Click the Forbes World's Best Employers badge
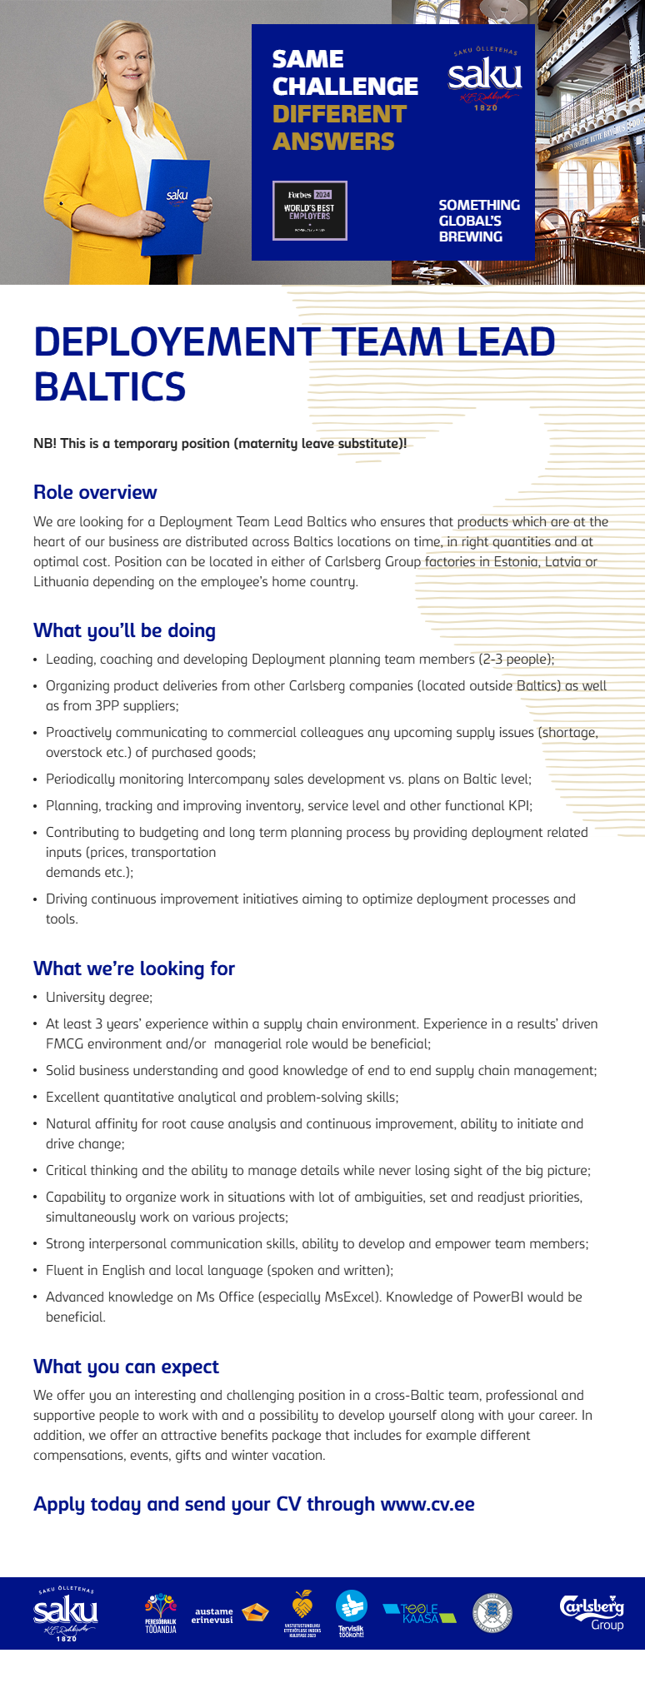point(310,211)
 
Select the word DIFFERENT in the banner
point(339,114)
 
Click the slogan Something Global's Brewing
point(479,221)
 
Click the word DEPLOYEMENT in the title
point(176,342)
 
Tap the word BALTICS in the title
point(109,387)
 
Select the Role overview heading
point(95,492)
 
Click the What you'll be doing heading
point(124,630)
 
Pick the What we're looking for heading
point(134,968)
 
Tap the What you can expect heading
point(126,1367)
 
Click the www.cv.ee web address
point(427,1504)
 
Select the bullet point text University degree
point(99,997)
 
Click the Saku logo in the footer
point(66,1613)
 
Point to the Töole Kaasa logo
point(419,1613)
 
